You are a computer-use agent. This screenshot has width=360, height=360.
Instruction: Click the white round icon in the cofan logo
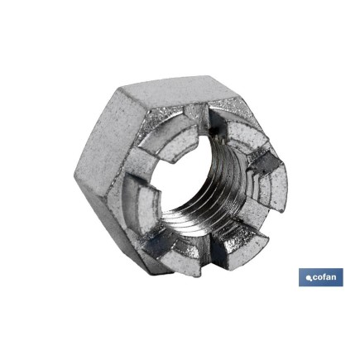tap(308, 277)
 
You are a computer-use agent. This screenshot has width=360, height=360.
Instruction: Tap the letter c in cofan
tap(315, 278)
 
